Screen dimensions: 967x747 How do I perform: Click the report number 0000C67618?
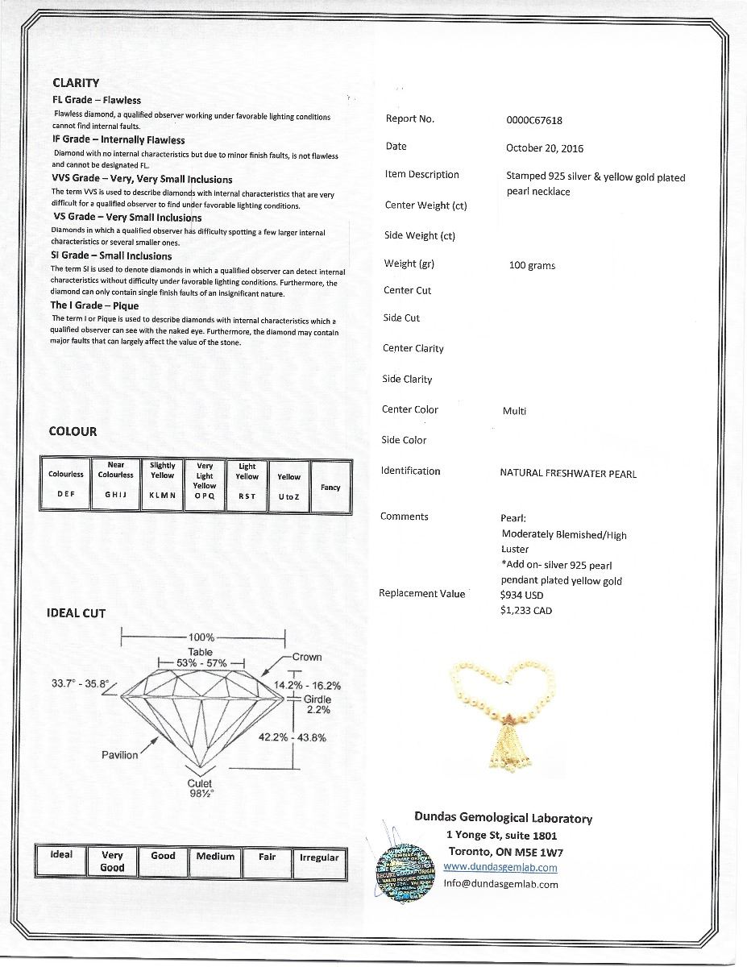tap(533, 121)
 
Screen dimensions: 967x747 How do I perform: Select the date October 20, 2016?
tap(544, 148)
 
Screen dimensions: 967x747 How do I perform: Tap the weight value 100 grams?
tap(532, 265)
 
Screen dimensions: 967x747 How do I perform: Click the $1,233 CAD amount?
tap(525, 611)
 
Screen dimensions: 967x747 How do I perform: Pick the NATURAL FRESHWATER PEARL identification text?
tap(568, 474)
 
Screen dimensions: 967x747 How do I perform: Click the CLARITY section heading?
tap(76, 82)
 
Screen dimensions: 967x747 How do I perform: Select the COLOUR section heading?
tap(73, 431)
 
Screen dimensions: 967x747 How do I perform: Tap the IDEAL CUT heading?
tap(76, 613)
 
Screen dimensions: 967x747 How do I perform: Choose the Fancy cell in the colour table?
tap(330, 488)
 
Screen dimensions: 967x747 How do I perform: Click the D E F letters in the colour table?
tap(65, 495)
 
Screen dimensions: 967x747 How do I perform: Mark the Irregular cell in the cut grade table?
tap(319, 857)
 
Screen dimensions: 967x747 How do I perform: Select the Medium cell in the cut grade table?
tap(215, 857)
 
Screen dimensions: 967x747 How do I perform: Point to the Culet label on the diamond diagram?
tap(200, 784)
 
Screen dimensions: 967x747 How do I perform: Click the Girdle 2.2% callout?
tap(317, 705)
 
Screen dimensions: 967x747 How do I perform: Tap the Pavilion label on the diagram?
tap(120, 755)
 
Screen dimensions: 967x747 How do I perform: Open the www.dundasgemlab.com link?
tap(500, 867)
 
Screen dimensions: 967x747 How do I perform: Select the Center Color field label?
tap(410, 410)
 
